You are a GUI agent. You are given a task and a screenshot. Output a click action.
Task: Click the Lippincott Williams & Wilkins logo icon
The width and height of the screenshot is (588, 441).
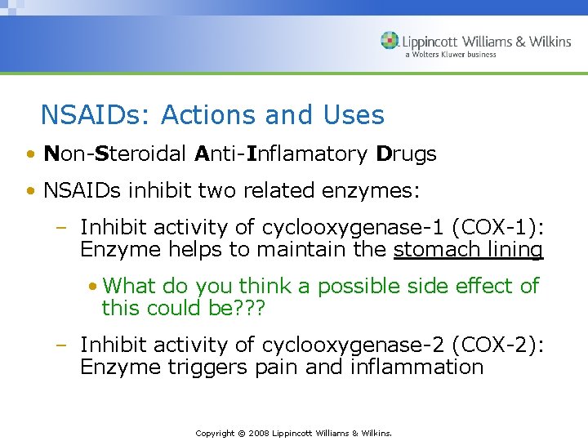(390, 41)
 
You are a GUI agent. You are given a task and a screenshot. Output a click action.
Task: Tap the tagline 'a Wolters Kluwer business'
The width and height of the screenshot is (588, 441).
(461, 56)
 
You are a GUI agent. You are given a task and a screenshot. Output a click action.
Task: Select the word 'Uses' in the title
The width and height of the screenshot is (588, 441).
(353, 115)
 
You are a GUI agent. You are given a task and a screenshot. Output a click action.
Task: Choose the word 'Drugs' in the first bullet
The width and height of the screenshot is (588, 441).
(406, 154)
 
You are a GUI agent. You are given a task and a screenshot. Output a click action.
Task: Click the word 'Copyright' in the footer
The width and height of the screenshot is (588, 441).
(215, 433)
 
